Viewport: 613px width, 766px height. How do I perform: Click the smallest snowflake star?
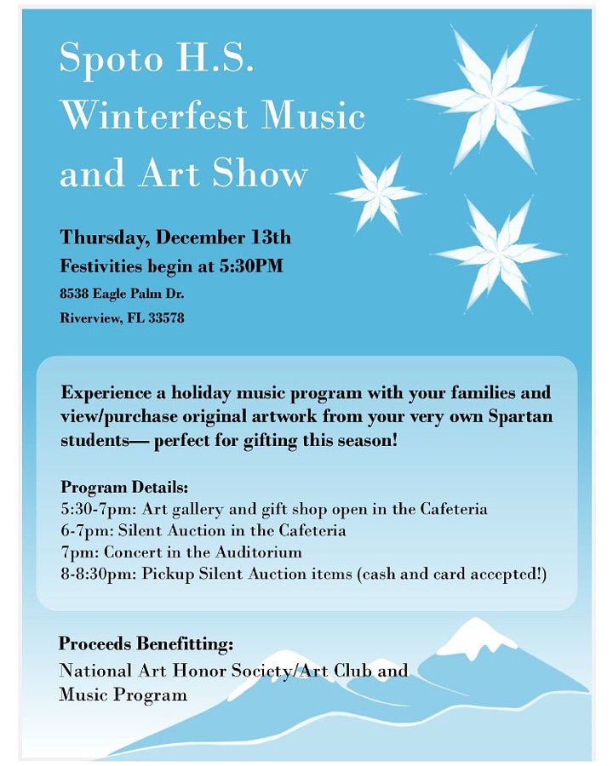377,193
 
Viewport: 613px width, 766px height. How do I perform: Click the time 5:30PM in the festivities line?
251,266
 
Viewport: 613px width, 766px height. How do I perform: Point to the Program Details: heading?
124,489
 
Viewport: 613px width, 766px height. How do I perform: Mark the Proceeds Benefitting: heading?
146,643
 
